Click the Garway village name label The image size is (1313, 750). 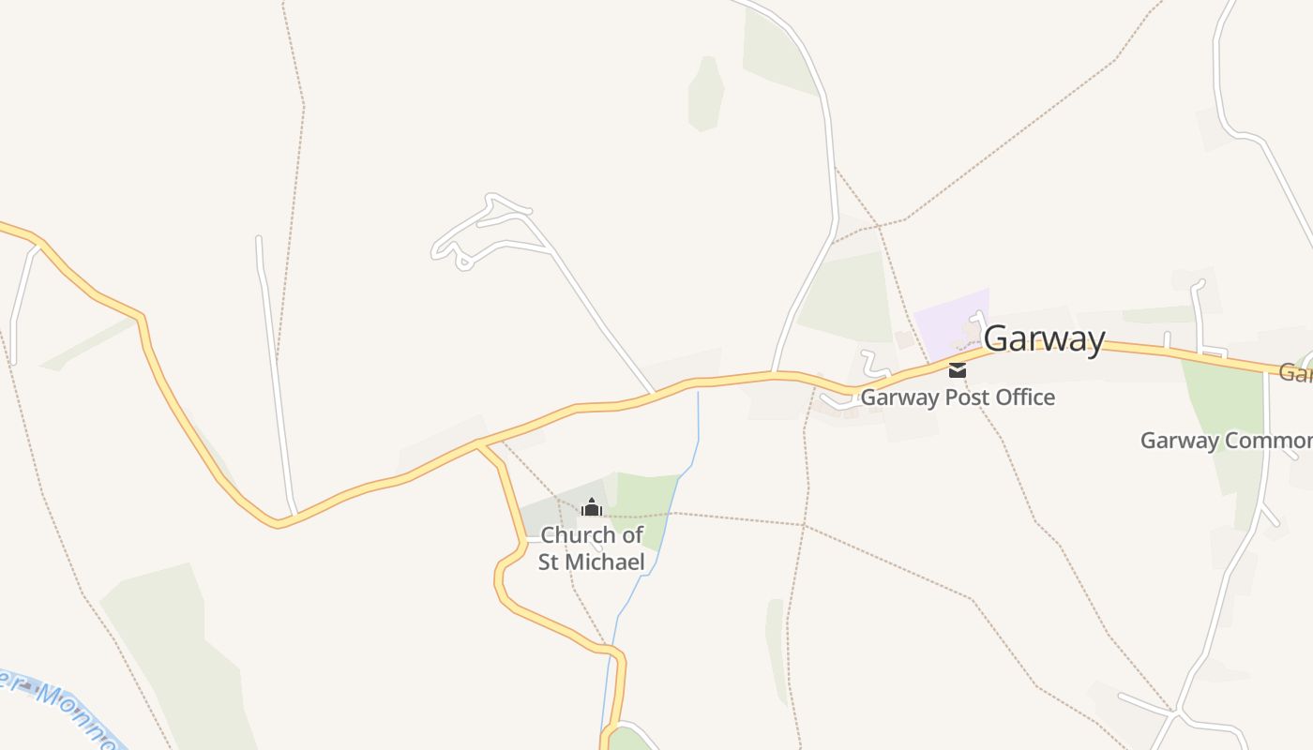(x=1044, y=338)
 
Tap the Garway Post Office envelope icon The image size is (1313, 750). (x=957, y=369)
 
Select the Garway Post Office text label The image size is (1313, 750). (x=957, y=397)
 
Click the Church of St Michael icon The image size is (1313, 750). (x=591, y=508)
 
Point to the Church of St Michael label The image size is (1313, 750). (x=592, y=548)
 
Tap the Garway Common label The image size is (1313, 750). (x=1225, y=441)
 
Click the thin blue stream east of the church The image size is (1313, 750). (x=668, y=525)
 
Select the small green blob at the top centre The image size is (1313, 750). (x=705, y=94)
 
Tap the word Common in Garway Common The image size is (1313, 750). (x=1266, y=441)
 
